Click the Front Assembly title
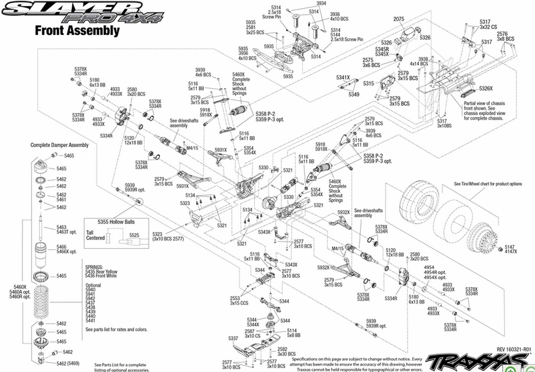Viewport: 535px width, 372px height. [77, 31]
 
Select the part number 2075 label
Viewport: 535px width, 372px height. [399, 19]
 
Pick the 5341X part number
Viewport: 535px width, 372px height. [343, 78]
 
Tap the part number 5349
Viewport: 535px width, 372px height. [354, 95]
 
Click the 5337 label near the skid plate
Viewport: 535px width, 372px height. [233, 338]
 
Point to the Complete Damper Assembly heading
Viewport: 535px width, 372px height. [59, 145]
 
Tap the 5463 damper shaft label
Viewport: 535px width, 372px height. [62, 227]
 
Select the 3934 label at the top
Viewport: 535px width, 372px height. [320, 4]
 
